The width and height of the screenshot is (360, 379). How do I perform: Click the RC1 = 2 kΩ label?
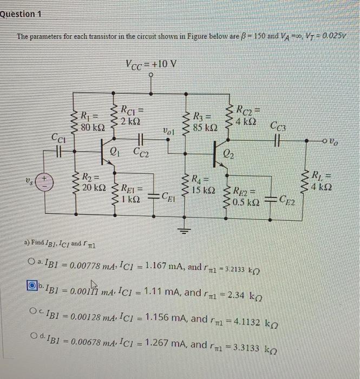[130, 112]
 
